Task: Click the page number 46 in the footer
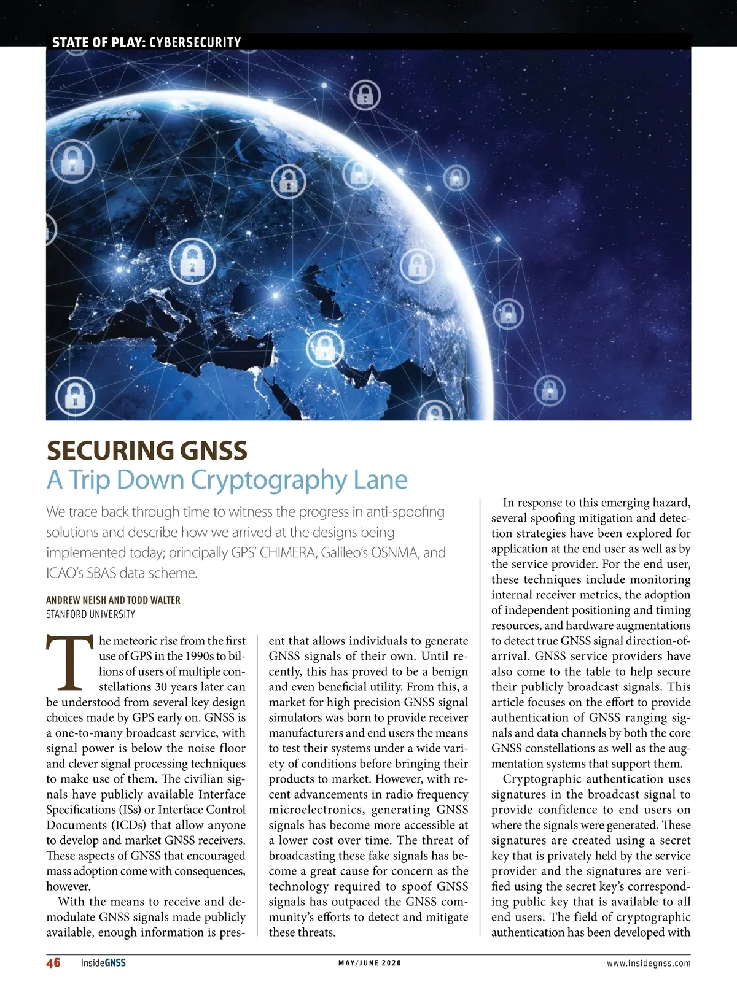click(x=53, y=962)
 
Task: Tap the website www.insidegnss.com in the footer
click(x=649, y=963)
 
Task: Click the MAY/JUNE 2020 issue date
click(x=370, y=963)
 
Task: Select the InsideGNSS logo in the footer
click(x=103, y=963)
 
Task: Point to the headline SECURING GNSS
click(x=147, y=451)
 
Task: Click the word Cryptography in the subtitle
click(x=268, y=479)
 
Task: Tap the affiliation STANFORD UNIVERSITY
click(x=90, y=614)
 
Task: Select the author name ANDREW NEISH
click(x=76, y=600)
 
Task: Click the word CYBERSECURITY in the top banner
click(x=195, y=42)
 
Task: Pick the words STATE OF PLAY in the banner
click(x=98, y=42)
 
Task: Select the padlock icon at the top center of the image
click(x=365, y=95)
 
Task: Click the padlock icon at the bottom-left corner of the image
click(x=75, y=395)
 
